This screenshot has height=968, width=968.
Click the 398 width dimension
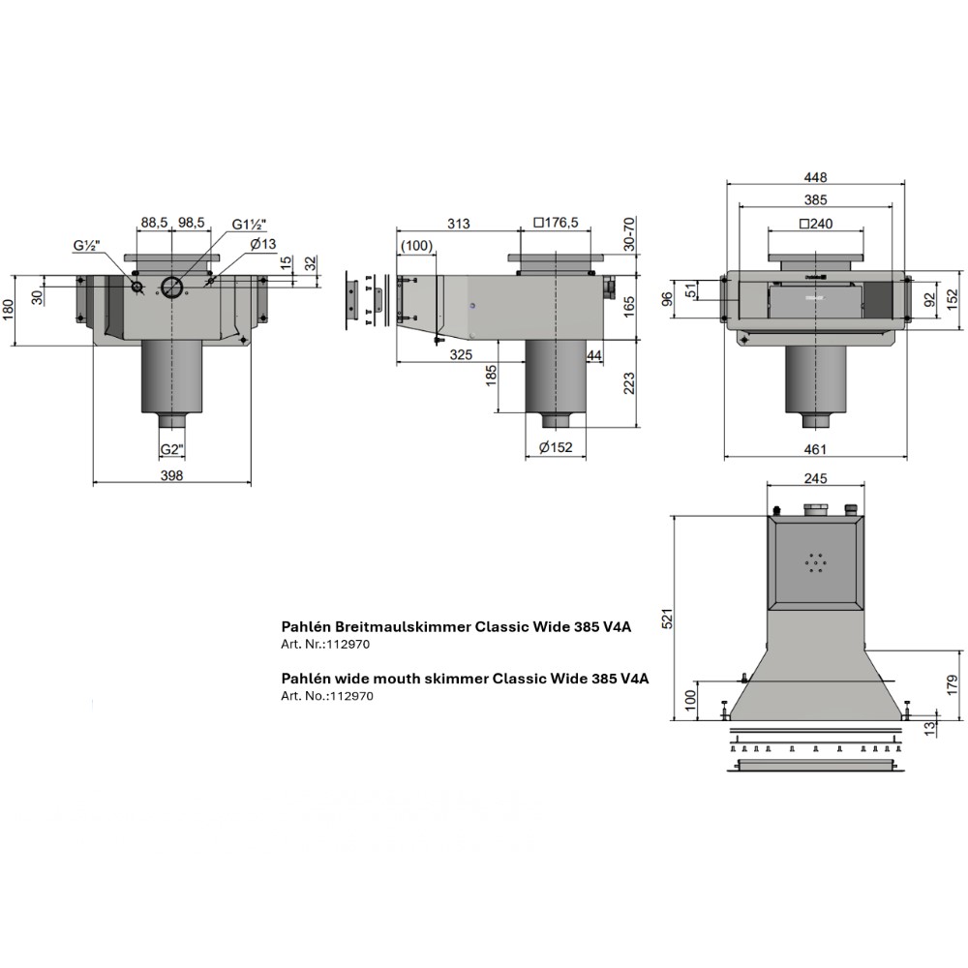pyautogui.click(x=171, y=474)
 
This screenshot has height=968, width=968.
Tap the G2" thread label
pyautogui.click(x=172, y=449)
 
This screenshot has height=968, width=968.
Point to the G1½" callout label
pyautogui.click(x=250, y=225)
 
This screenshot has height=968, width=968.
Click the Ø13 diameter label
pyautogui.click(x=263, y=244)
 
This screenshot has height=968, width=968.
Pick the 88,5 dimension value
pyautogui.click(x=154, y=223)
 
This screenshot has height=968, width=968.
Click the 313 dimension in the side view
pyautogui.click(x=459, y=223)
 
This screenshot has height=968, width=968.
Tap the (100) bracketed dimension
pyautogui.click(x=416, y=246)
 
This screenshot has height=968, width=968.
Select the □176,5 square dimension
pyautogui.click(x=557, y=223)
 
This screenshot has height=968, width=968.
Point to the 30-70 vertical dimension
pyautogui.click(x=629, y=234)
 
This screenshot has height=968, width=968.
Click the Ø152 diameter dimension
pyautogui.click(x=556, y=447)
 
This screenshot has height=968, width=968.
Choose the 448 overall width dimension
pyautogui.click(x=815, y=177)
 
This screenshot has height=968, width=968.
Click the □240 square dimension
pyautogui.click(x=815, y=224)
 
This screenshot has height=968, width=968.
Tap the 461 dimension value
pyautogui.click(x=815, y=449)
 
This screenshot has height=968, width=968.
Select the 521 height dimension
pyautogui.click(x=667, y=618)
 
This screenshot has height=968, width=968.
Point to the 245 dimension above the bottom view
pyautogui.click(x=815, y=478)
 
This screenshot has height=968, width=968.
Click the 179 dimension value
pyautogui.click(x=953, y=685)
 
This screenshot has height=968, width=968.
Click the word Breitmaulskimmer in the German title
pyautogui.click(x=403, y=626)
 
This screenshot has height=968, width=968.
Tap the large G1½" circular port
pyautogui.click(x=172, y=286)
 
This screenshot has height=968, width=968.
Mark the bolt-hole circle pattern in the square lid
pyautogui.click(x=815, y=562)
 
